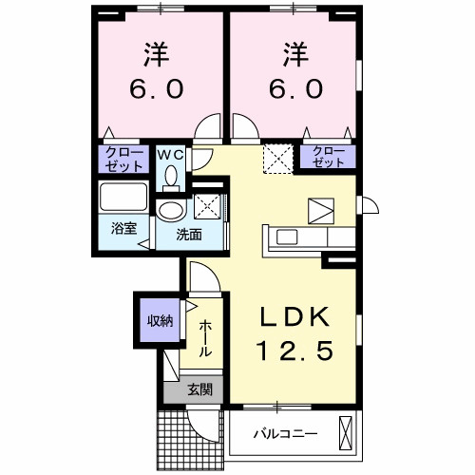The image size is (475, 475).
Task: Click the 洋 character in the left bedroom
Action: [157, 52]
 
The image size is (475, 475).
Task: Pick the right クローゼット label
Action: [328, 158]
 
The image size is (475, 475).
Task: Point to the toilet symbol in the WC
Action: [171, 175]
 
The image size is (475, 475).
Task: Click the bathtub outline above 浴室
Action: [123, 199]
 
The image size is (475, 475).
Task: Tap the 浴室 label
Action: [122, 229]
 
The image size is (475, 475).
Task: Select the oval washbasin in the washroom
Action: [172, 210]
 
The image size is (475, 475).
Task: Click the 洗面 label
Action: [187, 234]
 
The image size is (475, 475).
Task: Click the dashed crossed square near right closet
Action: [276, 157]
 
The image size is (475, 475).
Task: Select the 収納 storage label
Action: [159, 320]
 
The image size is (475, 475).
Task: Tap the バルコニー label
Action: [285, 434]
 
